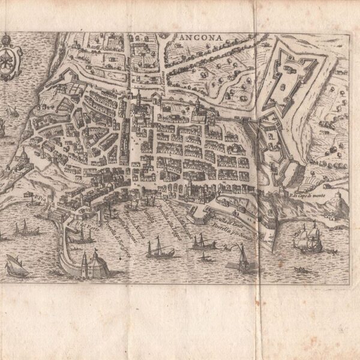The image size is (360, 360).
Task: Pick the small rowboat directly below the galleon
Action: (302, 269)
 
